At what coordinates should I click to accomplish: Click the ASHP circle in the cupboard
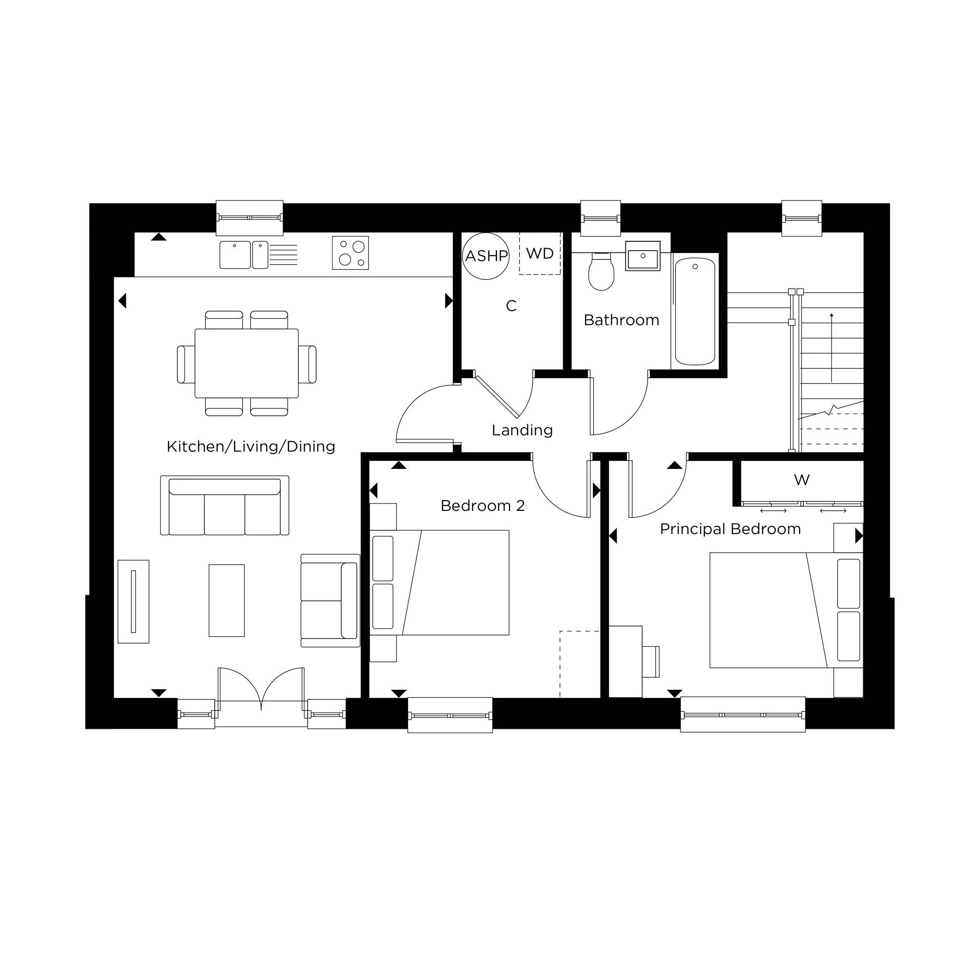click(486, 256)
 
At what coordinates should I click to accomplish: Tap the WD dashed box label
click(540, 253)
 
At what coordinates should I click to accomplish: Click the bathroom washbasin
click(643, 256)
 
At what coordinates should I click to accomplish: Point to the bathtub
click(695, 311)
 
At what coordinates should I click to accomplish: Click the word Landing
click(522, 430)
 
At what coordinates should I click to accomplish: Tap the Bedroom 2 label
click(483, 506)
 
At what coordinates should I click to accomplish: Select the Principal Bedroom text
click(730, 529)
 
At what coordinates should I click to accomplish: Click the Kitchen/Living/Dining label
click(251, 446)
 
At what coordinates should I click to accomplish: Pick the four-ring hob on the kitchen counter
click(350, 253)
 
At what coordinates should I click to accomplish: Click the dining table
click(246, 363)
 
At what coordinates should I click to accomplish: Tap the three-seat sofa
click(225, 506)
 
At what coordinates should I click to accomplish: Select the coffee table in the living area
click(227, 600)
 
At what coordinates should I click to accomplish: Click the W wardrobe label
click(801, 479)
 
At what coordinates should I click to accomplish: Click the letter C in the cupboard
click(511, 306)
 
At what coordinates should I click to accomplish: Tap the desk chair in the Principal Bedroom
click(650, 662)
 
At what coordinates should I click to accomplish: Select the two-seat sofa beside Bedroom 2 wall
click(330, 601)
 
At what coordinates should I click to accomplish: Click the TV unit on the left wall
click(133, 601)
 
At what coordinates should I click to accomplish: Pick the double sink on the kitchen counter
click(244, 255)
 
